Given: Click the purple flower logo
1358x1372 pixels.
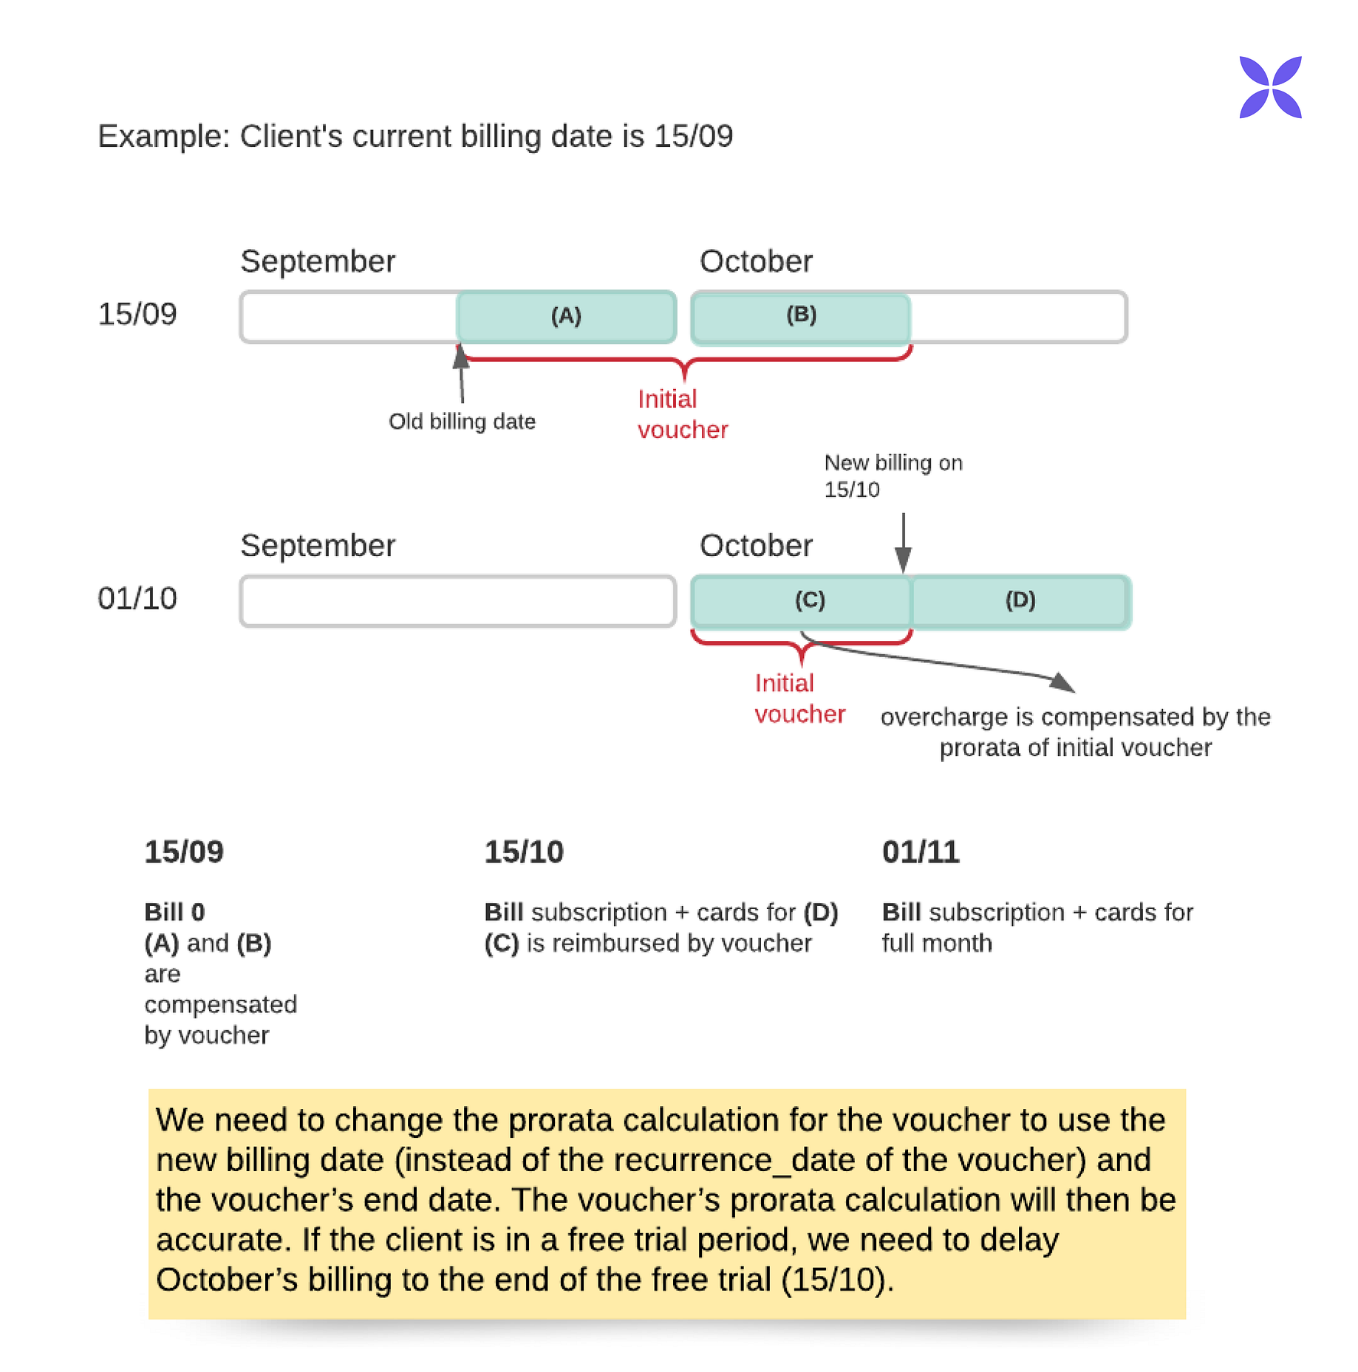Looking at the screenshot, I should tap(1269, 87).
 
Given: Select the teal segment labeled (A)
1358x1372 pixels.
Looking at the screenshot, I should tap(566, 316).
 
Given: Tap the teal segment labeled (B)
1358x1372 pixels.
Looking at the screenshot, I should tap(801, 316).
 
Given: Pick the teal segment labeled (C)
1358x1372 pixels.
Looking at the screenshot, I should tap(802, 600).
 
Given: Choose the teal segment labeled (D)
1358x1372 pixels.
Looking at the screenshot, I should tap(1020, 600).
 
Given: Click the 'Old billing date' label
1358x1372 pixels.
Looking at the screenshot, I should tap(462, 422).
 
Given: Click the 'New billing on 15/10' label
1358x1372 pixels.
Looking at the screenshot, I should tap(893, 476).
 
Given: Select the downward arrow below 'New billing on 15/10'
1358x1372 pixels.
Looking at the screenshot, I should tap(903, 543).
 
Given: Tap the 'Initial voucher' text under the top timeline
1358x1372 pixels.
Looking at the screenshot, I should tap(682, 414).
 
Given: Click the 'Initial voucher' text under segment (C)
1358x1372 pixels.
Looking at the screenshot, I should tap(799, 699).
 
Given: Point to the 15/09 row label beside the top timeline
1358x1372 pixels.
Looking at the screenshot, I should tap(137, 315).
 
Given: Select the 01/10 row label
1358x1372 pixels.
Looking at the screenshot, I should tap(137, 599).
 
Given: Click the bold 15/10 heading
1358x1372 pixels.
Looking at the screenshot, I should tap(523, 852).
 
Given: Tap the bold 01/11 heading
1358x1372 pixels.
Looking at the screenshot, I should tap(920, 852).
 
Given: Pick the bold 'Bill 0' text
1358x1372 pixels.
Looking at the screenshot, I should tap(174, 913).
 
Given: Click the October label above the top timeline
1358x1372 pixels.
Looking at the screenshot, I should tap(756, 261).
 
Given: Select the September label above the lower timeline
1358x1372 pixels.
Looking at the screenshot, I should tap(318, 546).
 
